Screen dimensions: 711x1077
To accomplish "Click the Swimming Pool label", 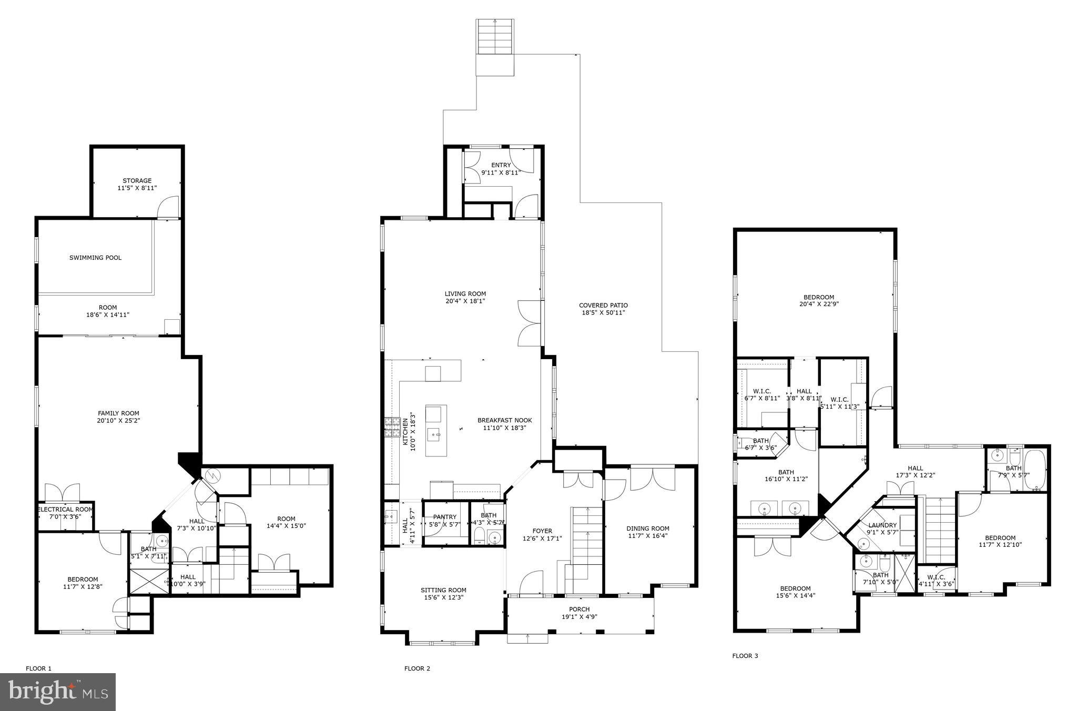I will tap(95, 258).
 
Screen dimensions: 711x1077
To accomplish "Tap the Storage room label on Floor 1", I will tap(137, 181).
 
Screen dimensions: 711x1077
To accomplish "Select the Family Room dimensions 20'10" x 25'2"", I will tap(118, 421).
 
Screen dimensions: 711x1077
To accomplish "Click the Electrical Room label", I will tap(65, 510).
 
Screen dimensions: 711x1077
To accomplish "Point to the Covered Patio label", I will tap(603, 306).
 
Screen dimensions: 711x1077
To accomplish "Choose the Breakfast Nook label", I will tap(504, 420).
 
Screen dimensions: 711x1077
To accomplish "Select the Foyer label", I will tap(542, 531).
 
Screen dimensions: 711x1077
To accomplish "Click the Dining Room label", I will tap(647, 529).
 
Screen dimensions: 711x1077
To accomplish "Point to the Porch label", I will tap(579, 610).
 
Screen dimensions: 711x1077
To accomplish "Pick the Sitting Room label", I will tap(443, 590).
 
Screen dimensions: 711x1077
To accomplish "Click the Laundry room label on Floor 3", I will tap(882, 525).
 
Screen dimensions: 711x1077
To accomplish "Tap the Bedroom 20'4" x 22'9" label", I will tap(818, 298).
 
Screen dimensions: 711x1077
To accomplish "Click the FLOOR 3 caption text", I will tap(745, 656).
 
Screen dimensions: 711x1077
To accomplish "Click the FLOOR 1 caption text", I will tap(38, 669).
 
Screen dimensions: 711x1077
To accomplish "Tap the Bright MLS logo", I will tap(57, 692).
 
